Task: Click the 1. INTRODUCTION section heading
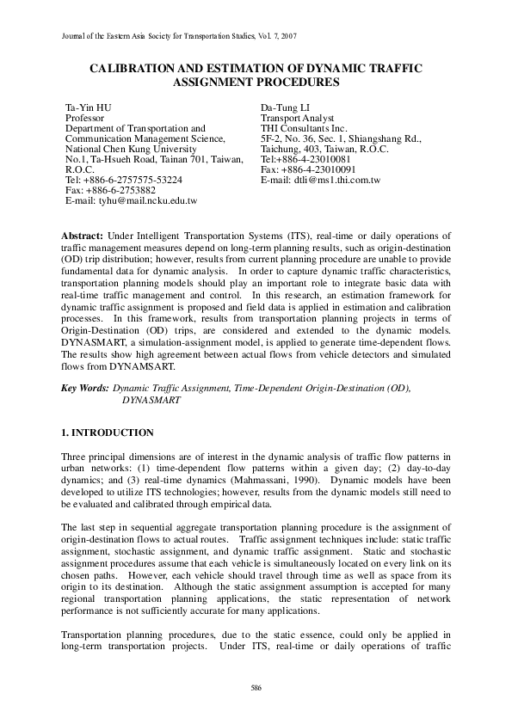pos(108,433)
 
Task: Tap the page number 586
pos(256,688)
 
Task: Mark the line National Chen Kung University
pos(135,149)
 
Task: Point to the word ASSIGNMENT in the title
pos(227,83)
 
